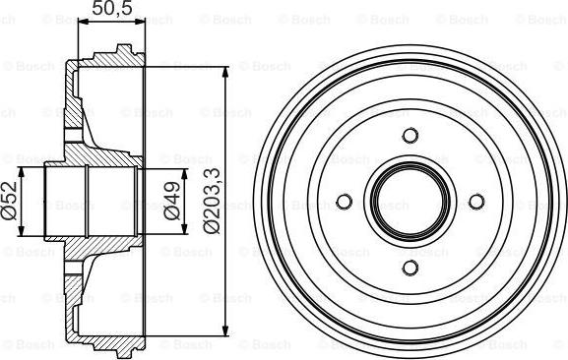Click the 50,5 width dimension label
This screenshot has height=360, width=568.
[112, 8]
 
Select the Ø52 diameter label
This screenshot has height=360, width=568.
[10, 202]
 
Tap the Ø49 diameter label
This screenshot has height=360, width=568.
[171, 201]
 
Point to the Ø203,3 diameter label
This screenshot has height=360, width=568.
[212, 202]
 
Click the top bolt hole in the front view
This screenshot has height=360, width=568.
[410, 136]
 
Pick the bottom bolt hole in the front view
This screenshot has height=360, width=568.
[410, 268]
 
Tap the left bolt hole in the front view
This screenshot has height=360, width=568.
[345, 202]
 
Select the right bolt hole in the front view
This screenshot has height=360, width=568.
[476, 202]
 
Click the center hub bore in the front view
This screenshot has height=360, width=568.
[410, 202]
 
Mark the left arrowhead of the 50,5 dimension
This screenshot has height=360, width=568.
[84, 22]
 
